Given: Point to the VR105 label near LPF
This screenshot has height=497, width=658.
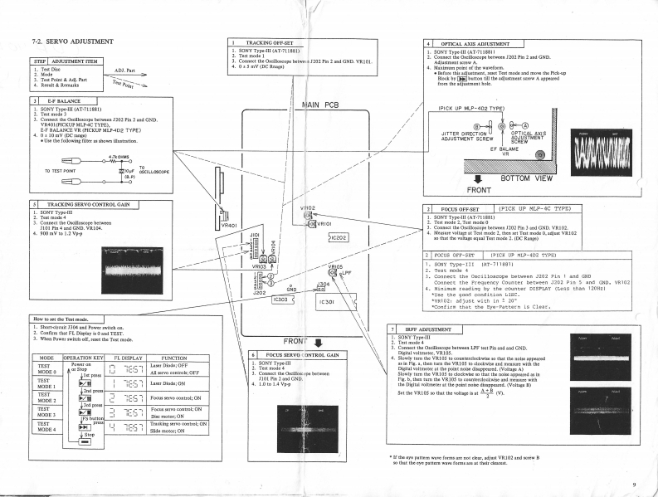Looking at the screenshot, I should (335, 266).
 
